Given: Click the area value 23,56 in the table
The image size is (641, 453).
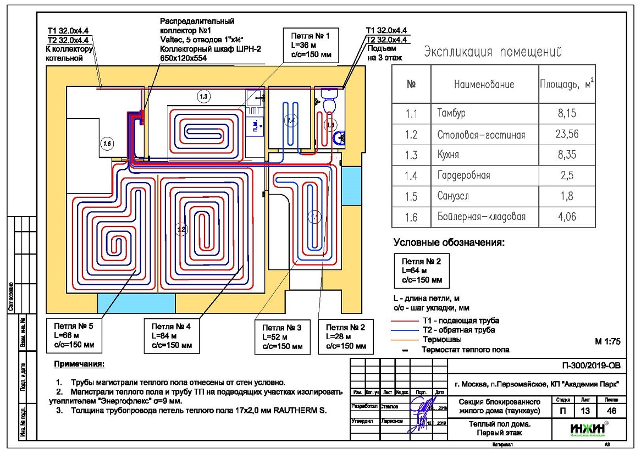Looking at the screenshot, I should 566,135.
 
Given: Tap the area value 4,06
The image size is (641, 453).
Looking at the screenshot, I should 566,217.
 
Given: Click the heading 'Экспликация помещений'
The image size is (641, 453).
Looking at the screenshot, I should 493,53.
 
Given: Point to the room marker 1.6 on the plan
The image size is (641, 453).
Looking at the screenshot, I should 107,143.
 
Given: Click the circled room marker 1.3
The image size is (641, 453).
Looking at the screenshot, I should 203,97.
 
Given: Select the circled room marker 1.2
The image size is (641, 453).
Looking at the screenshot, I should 182,229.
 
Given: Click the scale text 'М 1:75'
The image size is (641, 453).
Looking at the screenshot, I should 607,341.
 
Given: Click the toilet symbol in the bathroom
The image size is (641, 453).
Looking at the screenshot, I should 330,103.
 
